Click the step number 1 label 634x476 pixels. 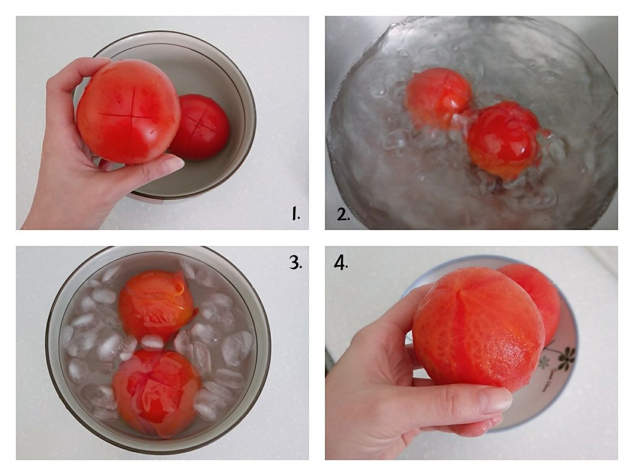[295, 213]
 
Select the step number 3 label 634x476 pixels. [295, 262]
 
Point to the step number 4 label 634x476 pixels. [341, 262]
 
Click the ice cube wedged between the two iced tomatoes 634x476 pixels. [152, 343]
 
